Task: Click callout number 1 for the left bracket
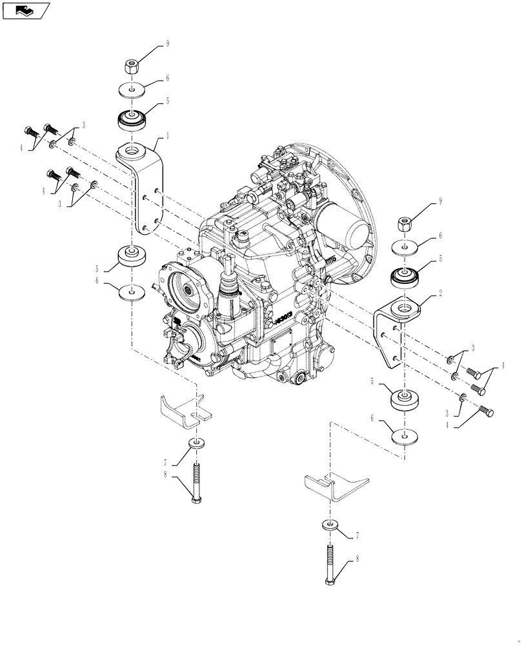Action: pos(168,135)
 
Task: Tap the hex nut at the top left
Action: pos(131,66)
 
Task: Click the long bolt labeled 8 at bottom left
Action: pos(196,481)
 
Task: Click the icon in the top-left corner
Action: pos(26,10)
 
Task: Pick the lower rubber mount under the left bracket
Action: pos(132,257)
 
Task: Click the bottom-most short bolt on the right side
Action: pos(485,412)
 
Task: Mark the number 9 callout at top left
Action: pos(168,44)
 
